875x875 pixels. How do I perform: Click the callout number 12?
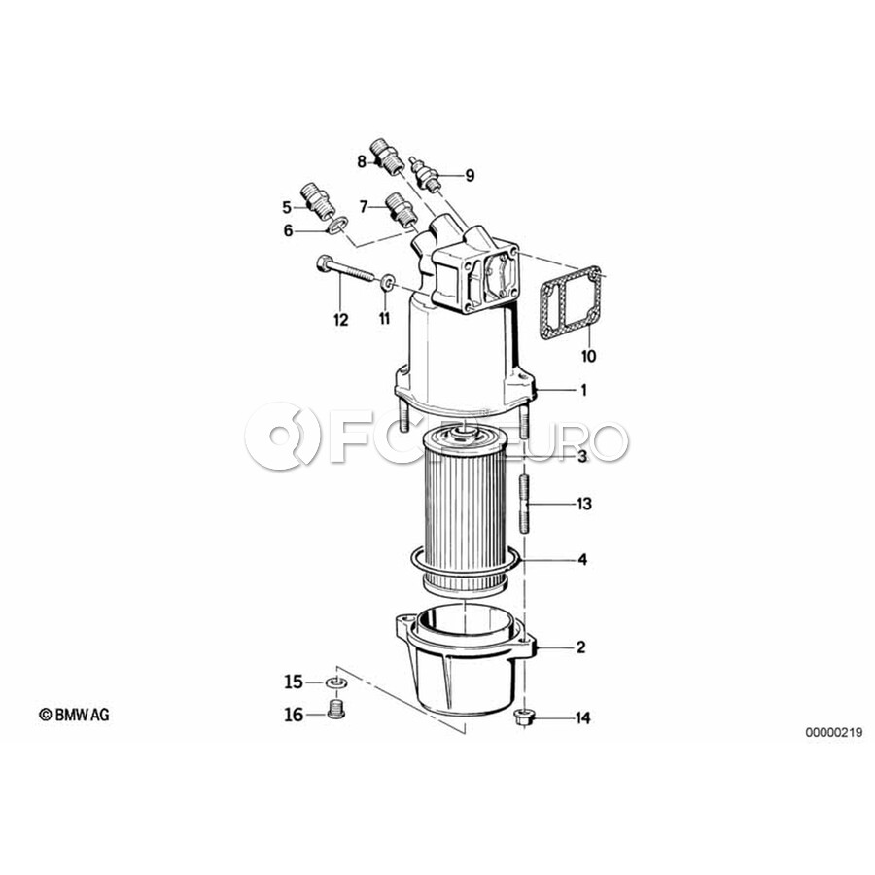[341, 320]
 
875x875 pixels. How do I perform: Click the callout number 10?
[589, 356]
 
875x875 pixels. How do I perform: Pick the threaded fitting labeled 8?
[389, 154]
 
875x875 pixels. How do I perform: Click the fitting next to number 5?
[318, 201]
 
